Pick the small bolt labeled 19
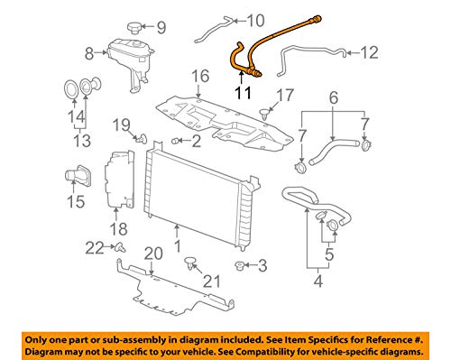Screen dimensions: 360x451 pyautogui.click(x=143, y=138)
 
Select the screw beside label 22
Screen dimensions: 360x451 pyautogui.click(x=119, y=246)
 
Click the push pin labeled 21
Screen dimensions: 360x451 pyautogui.click(x=190, y=263)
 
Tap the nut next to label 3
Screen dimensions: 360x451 pyautogui.click(x=240, y=265)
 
